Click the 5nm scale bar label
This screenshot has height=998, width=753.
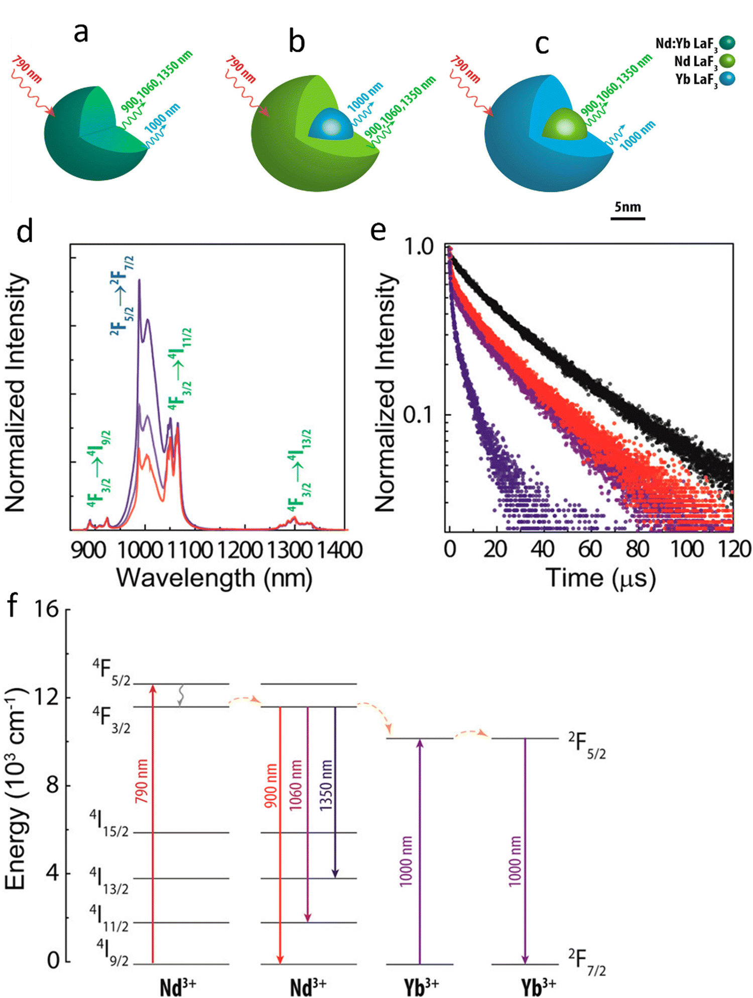coord(627,206)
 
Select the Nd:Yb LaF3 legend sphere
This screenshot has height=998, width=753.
coord(727,43)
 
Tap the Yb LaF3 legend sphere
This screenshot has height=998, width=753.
coord(727,78)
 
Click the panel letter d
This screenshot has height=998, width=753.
coord(24,232)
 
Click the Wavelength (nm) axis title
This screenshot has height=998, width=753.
coord(215,578)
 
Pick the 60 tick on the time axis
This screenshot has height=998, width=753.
coord(590,549)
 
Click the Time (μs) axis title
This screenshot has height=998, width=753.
coord(600,578)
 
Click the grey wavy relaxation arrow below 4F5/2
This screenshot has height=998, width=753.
coord(181,695)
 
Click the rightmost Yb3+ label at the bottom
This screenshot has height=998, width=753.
coord(538,987)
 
